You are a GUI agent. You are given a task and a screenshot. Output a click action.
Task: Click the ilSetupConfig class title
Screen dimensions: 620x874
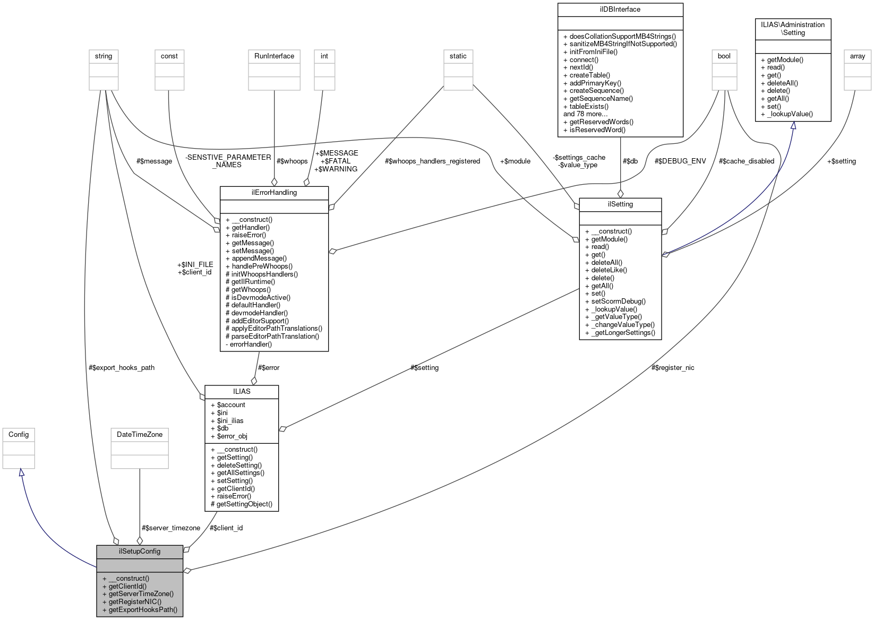pyautogui.click(x=140, y=551)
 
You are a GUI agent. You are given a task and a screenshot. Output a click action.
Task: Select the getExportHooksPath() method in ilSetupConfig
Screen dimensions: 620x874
pyautogui.click(x=143, y=610)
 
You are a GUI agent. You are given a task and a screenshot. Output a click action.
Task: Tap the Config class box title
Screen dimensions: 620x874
pyautogui.click(x=19, y=434)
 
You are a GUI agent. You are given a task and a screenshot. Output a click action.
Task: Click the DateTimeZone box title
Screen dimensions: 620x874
pyautogui.click(x=140, y=434)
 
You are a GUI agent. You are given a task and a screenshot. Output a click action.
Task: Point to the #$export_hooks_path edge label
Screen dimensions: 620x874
pyautogui.click(x=122, y=367)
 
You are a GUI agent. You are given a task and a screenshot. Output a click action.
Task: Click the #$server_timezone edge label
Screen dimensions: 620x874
pyautogui.click(x=171, y=528)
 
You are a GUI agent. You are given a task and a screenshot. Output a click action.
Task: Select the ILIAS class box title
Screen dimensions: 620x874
pyautogui.click(x=242, y=391)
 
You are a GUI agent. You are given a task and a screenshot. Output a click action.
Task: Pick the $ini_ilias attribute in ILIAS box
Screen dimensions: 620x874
pyautogui.click(x=230, y=420)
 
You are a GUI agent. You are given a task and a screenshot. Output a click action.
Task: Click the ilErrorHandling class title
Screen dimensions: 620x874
pyautogui.click(x=274, y=192)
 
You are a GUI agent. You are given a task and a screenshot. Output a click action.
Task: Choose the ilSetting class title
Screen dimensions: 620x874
pyautogui.click(x=620, y=204)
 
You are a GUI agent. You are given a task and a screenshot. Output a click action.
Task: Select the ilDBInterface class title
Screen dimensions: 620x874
pyautogui.click(x=620, y=9)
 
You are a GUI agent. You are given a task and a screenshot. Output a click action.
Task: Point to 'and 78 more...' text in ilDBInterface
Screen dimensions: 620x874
pyautogui.click(x=585, y=114)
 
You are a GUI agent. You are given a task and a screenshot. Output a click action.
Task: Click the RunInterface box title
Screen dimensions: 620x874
pyautogui.click(x=274, y=56)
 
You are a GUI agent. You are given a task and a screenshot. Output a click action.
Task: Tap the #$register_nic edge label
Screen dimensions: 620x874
pyautogui.click(x=673, y=367)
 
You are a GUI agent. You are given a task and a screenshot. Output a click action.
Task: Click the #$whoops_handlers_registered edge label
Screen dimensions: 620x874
pyautogui.click(x=432, y=161)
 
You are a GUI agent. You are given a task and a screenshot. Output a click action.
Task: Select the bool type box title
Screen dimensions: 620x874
pyautogui.click(x=724, y=56)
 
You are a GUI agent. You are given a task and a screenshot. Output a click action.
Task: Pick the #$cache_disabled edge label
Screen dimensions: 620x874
pyautogui.click(x=746, y=161)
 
